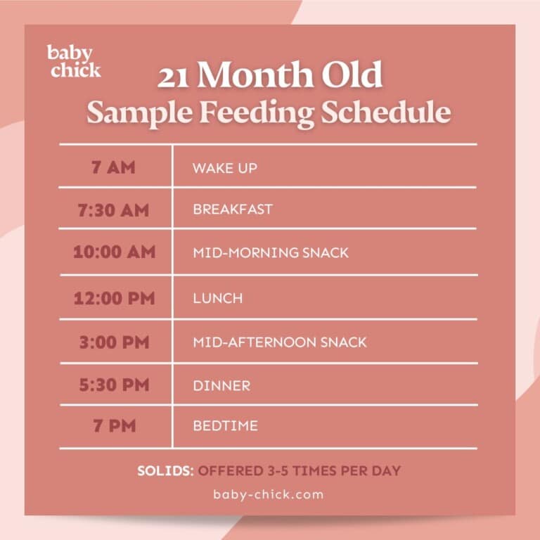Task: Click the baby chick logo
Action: [x=74, y=61]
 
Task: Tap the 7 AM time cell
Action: [x=114, y=168]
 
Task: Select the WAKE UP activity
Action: [x=224, y=169]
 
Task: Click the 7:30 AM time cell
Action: [x=114, y=210]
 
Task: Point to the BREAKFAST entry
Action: [x=232, y=210]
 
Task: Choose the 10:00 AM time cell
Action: [x=114, y=252]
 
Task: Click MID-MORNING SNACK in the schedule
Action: [x=270, y=252]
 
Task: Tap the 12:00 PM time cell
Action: [x=114, y=297]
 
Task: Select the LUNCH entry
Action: [x=217, y=298]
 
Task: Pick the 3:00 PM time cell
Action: [x=114, y=342]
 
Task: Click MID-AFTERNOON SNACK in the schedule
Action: [x=279, y=342]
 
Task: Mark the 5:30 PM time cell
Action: [x=114, y=385]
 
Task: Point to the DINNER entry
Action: [x=221, y=386]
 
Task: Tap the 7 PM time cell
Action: [x=114, y=426]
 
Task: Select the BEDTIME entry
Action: [x=225, y=426]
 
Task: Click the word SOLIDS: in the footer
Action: [x=165, y=470]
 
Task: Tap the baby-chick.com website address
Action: [x=269, y=494]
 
